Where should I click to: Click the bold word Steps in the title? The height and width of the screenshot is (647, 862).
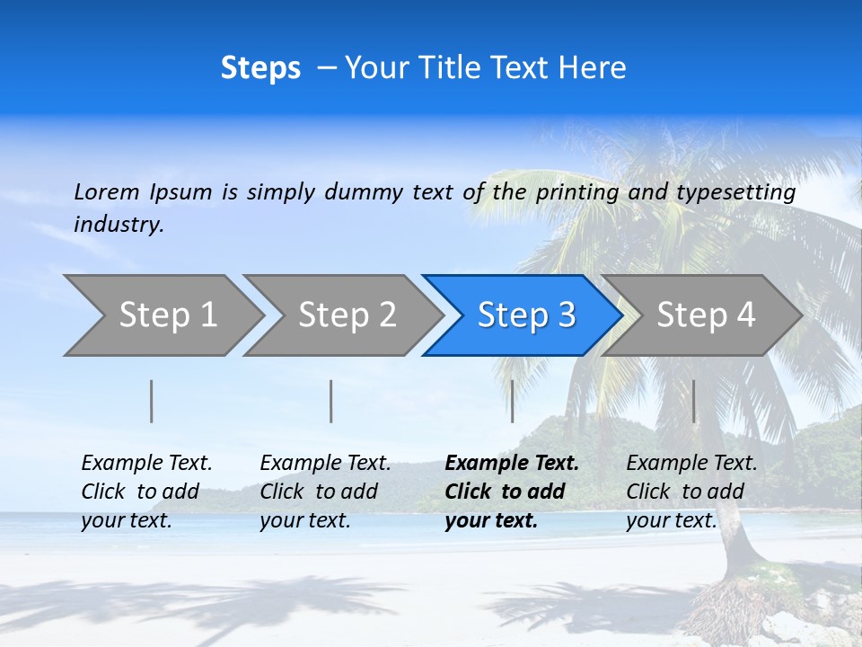click(x=260, y=68)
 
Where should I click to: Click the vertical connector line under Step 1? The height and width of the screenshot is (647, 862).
click(x=152, y=401)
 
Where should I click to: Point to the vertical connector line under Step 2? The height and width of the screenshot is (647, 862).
click(x=331, y=401)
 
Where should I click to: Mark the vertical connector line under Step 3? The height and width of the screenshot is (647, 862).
click(x=512, y=401)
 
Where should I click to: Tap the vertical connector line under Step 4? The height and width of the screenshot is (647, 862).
click(x=694, y=401)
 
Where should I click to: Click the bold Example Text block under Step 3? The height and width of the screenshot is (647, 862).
click(x=511, y=492)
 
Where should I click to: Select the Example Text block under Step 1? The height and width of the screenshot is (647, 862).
click(x=146, y=492)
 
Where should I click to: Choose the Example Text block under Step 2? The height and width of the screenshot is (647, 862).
click(x=325, y=492)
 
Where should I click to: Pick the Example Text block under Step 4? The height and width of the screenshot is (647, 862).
click(x=691, y=492)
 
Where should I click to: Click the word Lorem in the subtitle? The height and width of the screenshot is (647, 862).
click(x=107, y=192)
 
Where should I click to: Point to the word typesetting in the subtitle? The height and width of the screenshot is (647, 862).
click(x=735, y=192)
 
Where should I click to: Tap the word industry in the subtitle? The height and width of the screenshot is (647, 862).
click(x=119, y=224)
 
